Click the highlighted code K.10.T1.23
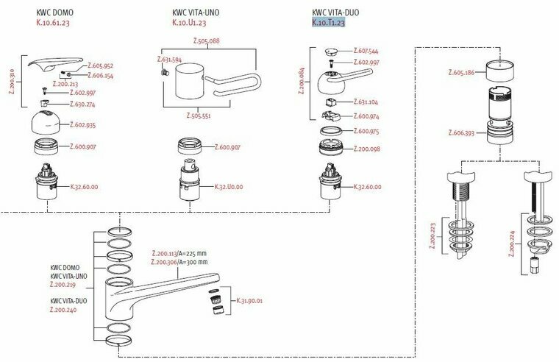pyautogui.click(x=328, y=23)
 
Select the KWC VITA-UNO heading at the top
pyautogui.click(x=196, y=13)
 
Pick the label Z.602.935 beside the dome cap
pyautogui.click(x=82, y=125)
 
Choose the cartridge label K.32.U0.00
pyautogui.click(x=228, y=187)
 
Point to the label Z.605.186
pyautogui.click(x=462, y=73)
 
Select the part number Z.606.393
pyautogui.click(x=462, y=133)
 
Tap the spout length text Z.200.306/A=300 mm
pyautogui.click(x=179, y=262)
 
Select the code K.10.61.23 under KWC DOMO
pyautogui.click(x=53, y=23)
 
